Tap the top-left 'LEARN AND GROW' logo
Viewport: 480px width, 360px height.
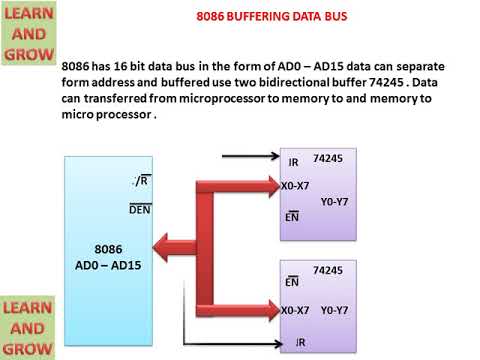pyautogui.click(x=28, y=33)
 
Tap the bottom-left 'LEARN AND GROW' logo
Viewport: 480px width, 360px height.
pyautogui.click(x=28, y=327)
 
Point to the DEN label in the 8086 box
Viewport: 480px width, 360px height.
pyautogui.click(x=140, y=209)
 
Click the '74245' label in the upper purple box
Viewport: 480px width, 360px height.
pyautogui.click(x=328, y=158)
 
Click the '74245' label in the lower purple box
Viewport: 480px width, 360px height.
pyautogui.click(x=328, y=270)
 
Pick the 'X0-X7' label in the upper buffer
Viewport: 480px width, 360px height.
pyautogui.click(x=295, y=186)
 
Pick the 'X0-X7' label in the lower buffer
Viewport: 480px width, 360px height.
pyautogui.click(x=295, y=310)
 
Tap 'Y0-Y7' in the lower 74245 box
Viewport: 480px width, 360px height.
pyautogui.click(x=334, y=310)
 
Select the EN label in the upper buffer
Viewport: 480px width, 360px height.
pyautogui.click(x=292, y=216)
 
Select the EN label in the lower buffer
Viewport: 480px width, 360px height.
pyautogui.click(x=292, y=283)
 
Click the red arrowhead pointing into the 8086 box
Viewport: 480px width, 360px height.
pyautogui.click(x=160, y=243)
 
